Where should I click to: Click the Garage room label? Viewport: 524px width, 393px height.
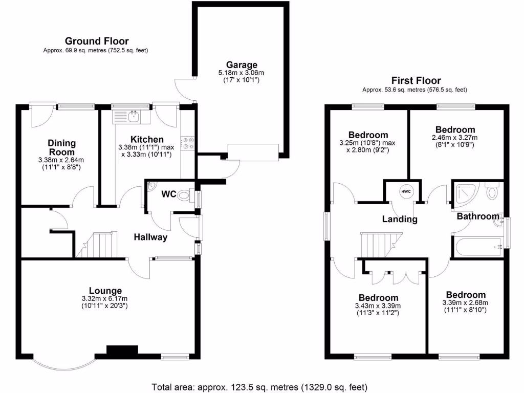point(242,65)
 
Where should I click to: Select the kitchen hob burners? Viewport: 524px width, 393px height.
point(187,142)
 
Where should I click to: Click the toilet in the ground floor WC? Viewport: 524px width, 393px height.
point(186,196)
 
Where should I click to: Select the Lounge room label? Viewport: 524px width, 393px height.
point(105,291)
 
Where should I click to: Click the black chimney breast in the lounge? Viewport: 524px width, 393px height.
point(122,350)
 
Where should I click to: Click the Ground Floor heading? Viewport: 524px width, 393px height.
point(97,41)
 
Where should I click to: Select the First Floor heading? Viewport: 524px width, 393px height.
point(416,80)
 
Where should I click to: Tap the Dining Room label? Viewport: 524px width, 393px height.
point(62,147)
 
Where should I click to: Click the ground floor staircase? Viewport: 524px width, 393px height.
point(98,245)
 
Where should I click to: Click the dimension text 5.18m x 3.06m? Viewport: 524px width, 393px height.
point(242,73)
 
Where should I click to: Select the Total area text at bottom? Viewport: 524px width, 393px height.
point(259,386)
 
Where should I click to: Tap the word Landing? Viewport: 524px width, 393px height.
point(400,219)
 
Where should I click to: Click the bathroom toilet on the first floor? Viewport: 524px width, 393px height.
point(492,192)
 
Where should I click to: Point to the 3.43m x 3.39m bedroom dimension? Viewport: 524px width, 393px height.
point(378,306)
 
